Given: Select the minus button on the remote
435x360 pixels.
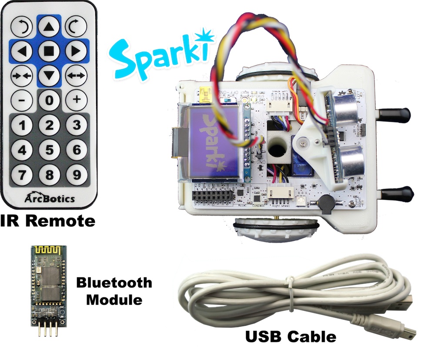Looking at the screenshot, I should tap(22, 100).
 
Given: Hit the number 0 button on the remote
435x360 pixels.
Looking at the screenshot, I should tap(49, 100).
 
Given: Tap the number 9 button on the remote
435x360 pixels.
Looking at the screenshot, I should tap(77, 175).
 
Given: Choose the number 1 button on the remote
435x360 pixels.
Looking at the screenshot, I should tap(22, 126).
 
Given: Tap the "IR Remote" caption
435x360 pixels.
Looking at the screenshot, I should tap(48, 220).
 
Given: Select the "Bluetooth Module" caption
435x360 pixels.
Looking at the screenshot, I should tap(114, 291).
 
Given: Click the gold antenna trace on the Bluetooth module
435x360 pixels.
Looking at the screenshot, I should tap(48, 251).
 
